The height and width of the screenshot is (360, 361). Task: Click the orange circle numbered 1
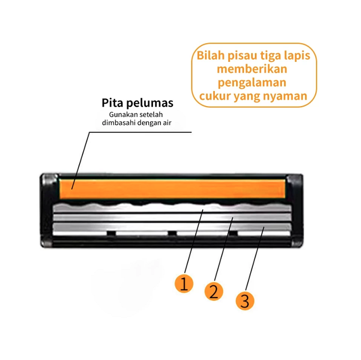click(184, 284)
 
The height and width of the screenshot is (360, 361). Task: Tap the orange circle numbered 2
click(214, 291)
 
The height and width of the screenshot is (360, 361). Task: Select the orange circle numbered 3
click(244, 301)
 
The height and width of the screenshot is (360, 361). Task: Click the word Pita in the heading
click(112, 102)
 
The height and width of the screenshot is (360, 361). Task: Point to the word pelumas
click(150, 103)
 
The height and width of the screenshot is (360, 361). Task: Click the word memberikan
click(252, 69)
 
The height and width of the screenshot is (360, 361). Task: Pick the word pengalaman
click(252, 83)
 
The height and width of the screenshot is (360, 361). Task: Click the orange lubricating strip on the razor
click(172, 189)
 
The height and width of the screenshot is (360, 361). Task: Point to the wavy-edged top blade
click(172, 208)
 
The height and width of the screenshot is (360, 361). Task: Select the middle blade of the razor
click(172, 217)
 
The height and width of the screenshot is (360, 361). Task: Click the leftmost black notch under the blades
click(111, 233)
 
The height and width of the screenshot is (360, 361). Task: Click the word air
click(167, 123)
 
